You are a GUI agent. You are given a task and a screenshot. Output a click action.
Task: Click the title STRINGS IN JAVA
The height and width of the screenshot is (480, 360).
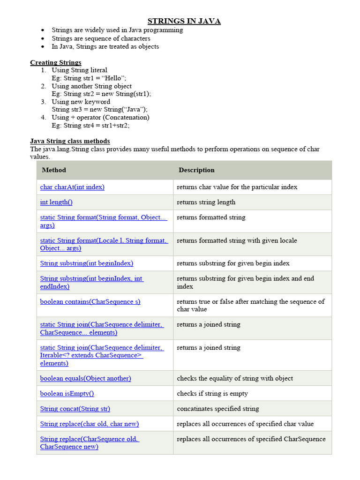(184, 21)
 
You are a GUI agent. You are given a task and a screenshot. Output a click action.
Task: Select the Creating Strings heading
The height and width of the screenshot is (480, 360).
(56, 62)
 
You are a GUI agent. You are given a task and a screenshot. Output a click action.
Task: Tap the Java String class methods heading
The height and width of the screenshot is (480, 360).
(70, 141)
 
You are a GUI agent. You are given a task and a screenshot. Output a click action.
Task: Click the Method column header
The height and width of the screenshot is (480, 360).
(54, 170)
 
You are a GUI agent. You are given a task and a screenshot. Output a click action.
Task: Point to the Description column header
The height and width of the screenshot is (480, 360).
(196, 170)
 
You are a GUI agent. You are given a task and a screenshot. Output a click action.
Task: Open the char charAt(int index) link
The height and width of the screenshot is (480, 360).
(72, 187)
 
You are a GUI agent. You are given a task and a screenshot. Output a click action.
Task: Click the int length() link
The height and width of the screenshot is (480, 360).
(56, 202)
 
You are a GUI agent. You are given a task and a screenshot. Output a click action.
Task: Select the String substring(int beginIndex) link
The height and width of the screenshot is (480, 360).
(87, 263)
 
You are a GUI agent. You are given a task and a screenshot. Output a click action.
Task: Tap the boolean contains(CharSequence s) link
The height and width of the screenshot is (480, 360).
(90, 301)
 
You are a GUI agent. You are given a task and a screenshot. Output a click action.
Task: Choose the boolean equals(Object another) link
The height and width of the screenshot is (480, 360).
(85, 378)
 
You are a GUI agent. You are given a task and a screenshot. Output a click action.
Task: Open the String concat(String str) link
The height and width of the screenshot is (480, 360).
(75, 409)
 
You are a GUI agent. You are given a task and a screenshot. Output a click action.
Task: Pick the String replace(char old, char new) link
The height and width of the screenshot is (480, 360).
(90, 424)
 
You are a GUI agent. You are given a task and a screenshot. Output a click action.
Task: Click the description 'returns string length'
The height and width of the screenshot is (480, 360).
(206, 202)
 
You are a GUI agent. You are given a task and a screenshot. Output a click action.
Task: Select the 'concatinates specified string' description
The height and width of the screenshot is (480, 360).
(218, 409)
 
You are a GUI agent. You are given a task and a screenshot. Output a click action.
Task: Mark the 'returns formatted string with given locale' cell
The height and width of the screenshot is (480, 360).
(237, 240)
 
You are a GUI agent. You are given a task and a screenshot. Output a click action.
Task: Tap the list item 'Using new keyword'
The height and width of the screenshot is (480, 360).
(81, 102)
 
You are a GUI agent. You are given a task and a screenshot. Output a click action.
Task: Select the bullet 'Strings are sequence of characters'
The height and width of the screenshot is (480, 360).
(101, 38)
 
